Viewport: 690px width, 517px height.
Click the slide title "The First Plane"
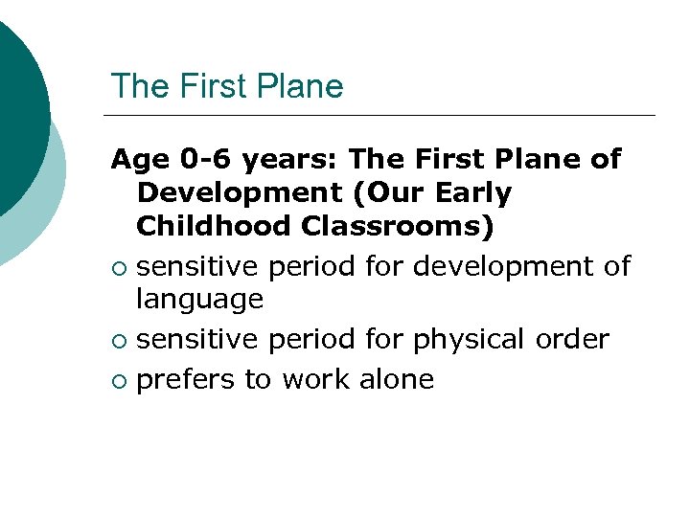tap(227, 86)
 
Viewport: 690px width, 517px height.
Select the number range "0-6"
tap(188, 159)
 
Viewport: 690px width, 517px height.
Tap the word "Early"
tap(472, 192)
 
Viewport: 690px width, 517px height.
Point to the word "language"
tap(199, 301)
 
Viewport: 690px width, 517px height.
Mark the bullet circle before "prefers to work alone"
tap(118, 381)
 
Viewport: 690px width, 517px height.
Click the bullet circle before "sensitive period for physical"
tap(118, 341)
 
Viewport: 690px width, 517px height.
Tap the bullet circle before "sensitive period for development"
tap(118, 267)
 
